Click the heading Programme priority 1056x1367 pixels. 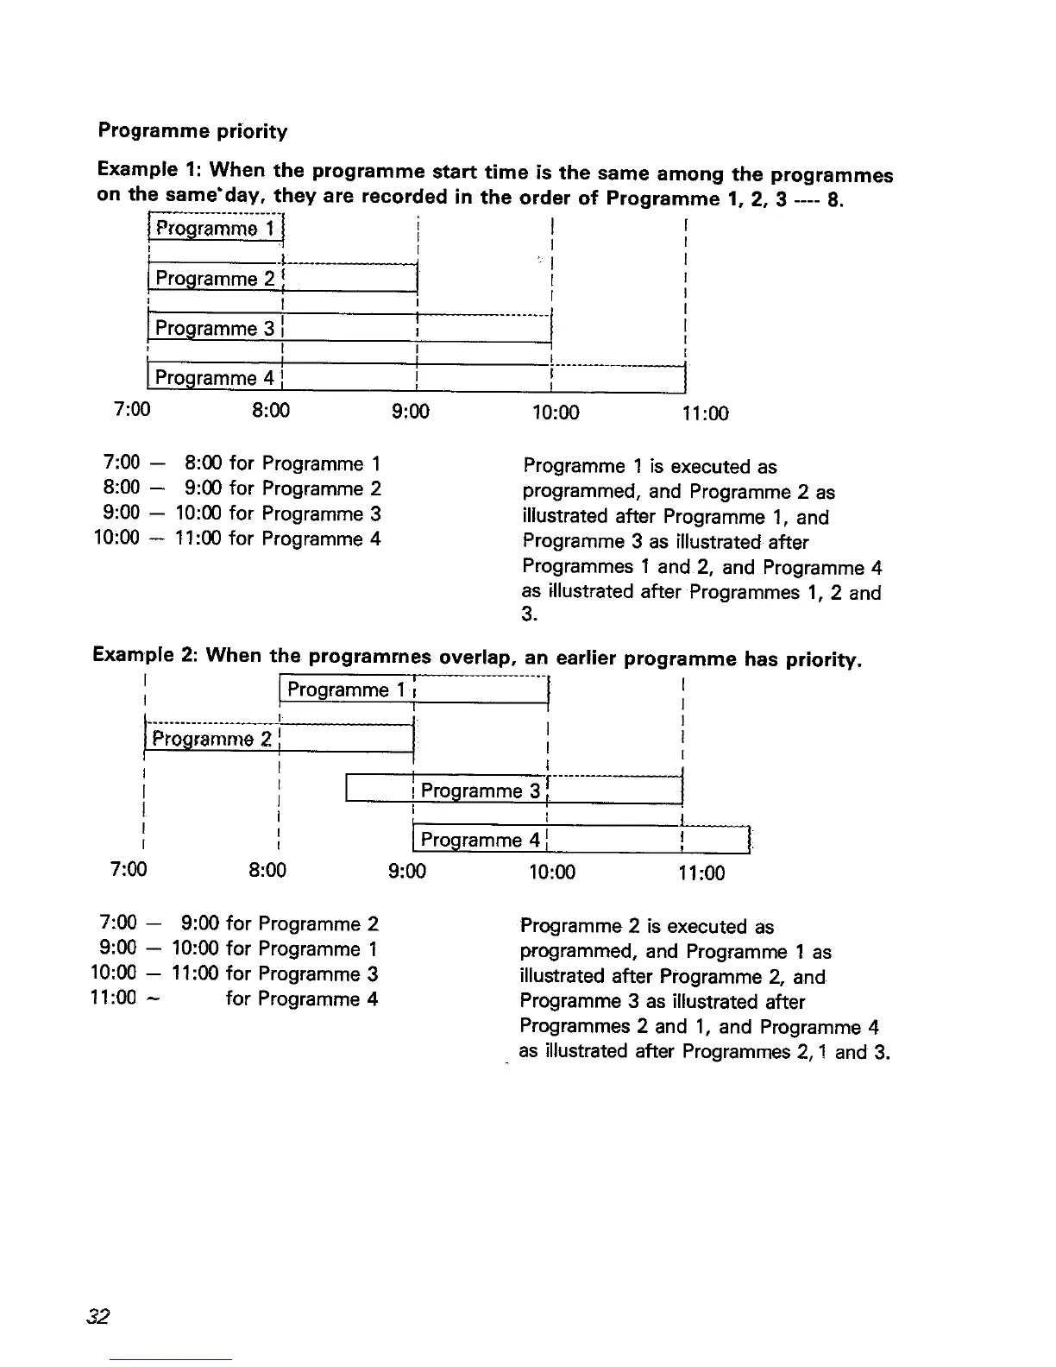coord(192,131)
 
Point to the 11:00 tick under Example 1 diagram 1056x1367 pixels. coord(705,413)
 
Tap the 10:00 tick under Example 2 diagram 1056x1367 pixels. coord(551,872)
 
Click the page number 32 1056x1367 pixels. coord(97,1316)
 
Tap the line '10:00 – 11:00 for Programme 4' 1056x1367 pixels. coord(237,539)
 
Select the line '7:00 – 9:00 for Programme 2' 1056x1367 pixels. coord(239,923)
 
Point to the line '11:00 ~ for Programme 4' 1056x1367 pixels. coord(234,998)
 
